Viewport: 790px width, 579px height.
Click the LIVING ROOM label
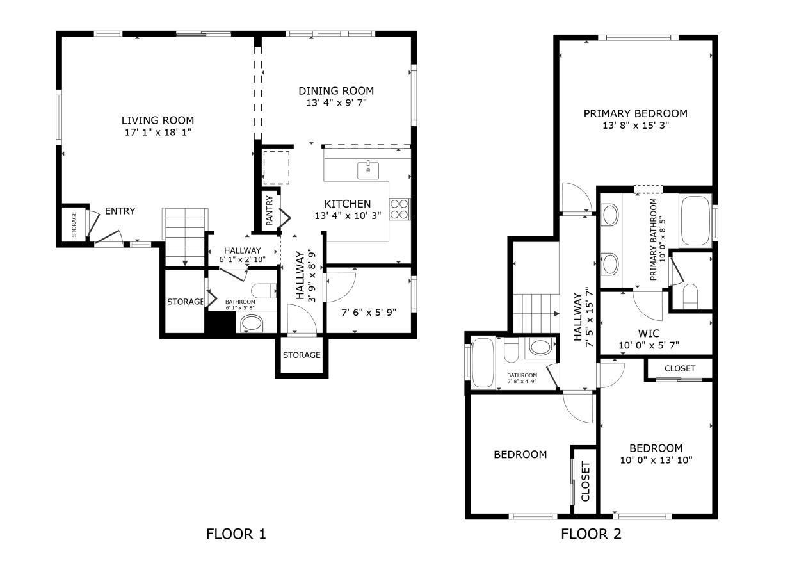pos(157,120)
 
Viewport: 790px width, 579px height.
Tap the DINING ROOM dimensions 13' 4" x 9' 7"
pos(337,103)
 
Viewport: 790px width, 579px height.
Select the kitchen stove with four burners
pos(399,209)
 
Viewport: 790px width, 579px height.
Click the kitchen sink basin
pos(368,171)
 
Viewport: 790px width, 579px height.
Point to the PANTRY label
pos(270,211)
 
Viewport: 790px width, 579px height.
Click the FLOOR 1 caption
pos(236,534)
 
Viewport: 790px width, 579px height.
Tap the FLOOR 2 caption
pos(591,534)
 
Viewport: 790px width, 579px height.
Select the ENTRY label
pos(120,211)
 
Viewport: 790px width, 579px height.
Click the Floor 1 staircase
pos(185,237)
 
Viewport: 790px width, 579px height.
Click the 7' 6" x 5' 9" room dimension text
pos(369,313)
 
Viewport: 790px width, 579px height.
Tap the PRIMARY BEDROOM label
pos(636,113)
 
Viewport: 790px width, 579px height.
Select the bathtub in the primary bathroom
pos(695,220)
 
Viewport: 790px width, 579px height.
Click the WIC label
pos(649,334)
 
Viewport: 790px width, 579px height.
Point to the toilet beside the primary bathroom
pos(691,297)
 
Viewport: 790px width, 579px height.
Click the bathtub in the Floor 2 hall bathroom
pos(483,363)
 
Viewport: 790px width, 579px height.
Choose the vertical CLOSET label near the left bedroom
pos(585,482)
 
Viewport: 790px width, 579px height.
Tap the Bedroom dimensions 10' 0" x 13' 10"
pos(656,461)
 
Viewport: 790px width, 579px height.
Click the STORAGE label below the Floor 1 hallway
pos(302,355)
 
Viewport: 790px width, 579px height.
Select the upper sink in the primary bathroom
pos(611,215)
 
